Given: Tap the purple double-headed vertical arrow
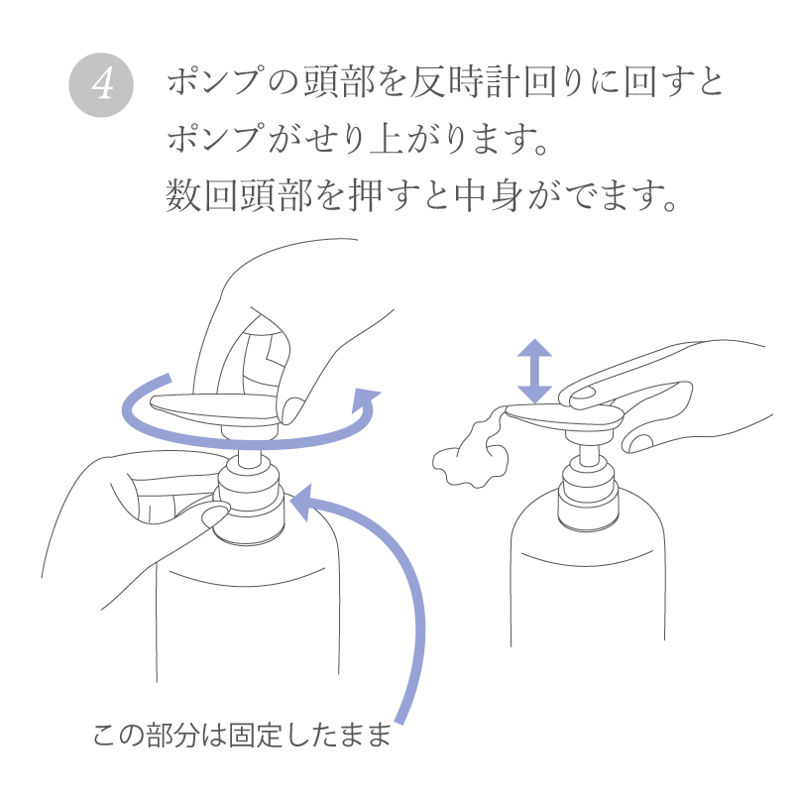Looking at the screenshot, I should tap(535, 370).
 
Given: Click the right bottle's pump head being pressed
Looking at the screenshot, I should tap(565, 417).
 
